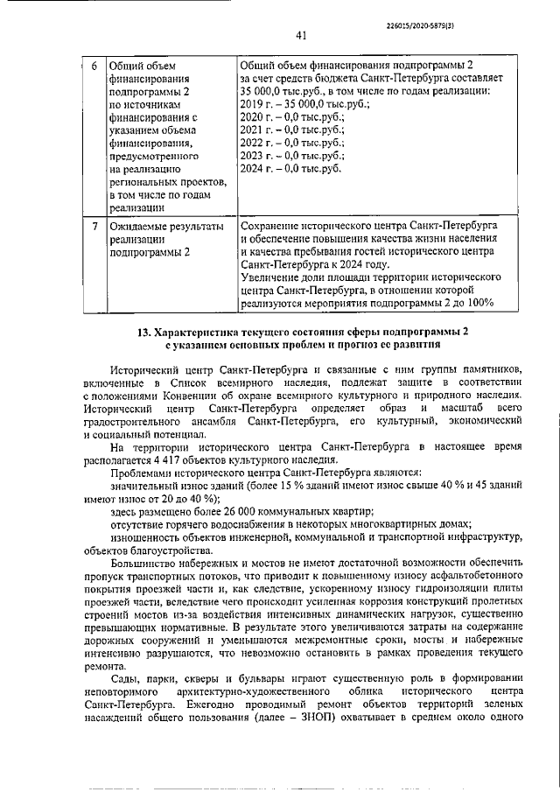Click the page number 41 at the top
pos(300,36)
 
